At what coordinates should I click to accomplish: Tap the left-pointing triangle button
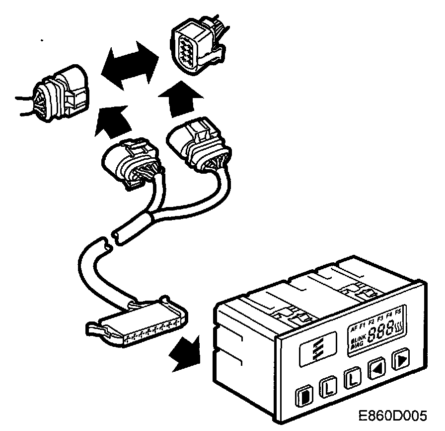(376, 369)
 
